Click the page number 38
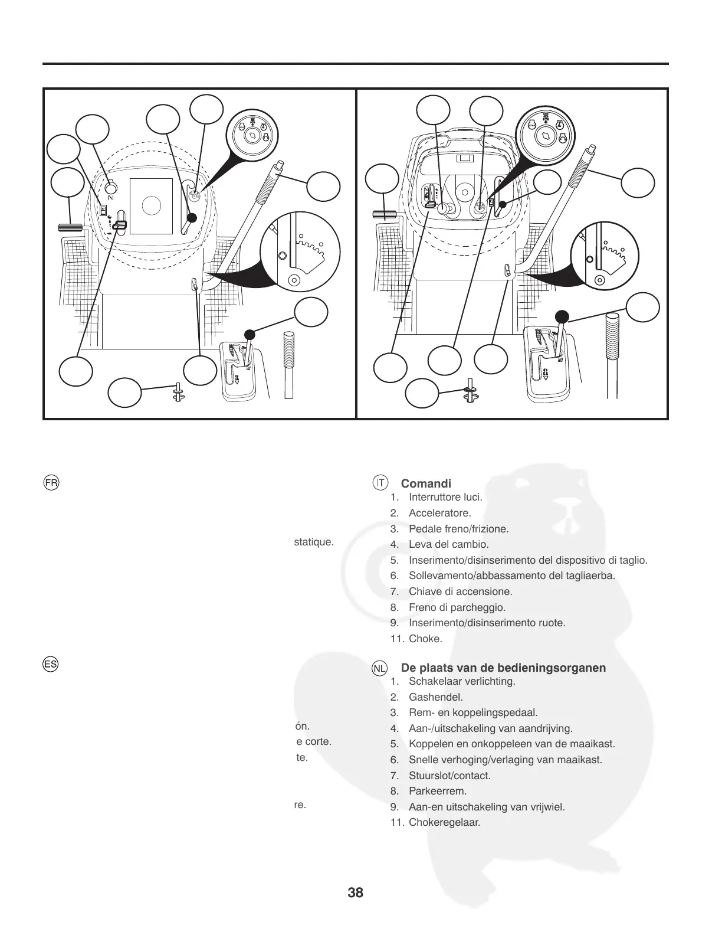[356, 892]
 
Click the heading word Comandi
[426, 484]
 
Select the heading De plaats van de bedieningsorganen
[503, 668]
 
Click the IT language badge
[380, 482]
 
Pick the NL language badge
[380, 668]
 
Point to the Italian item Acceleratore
[439, 513]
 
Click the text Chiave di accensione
[460, 591]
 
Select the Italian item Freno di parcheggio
[457, 607]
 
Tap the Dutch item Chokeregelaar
[444, 822]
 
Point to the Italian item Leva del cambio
[448, 544]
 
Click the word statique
[314, 541]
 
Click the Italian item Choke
[425, 638]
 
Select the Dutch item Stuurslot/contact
[449, 776]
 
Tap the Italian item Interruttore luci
[445, 497]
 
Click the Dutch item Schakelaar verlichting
[462, 681]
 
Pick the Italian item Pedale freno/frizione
[458, 529]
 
